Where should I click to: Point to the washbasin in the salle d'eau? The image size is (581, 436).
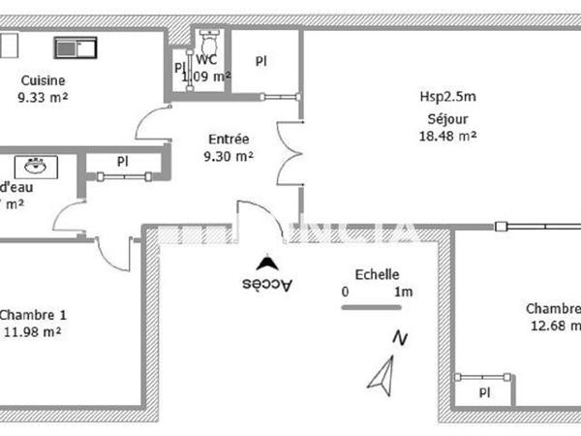pos(37,164)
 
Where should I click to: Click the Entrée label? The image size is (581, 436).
pos(229,139)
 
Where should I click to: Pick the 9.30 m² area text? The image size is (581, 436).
pos(229,155)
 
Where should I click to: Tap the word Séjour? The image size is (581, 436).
pos(446,120)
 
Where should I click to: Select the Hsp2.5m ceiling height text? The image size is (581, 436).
pos(446,97)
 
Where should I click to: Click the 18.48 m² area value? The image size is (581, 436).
pos(446,137)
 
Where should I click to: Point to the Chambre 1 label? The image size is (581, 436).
pos(33,315)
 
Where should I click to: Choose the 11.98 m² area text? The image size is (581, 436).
pos(33,331)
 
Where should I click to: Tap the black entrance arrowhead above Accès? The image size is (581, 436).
pos(262,263)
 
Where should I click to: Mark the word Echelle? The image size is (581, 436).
pos(377,274)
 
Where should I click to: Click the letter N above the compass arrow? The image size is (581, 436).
pos(399,338)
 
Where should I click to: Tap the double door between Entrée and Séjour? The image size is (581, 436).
pos(288,155)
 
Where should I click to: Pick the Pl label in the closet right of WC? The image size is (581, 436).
pos(260,60)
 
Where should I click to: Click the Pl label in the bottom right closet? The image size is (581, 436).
pos(484,392)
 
